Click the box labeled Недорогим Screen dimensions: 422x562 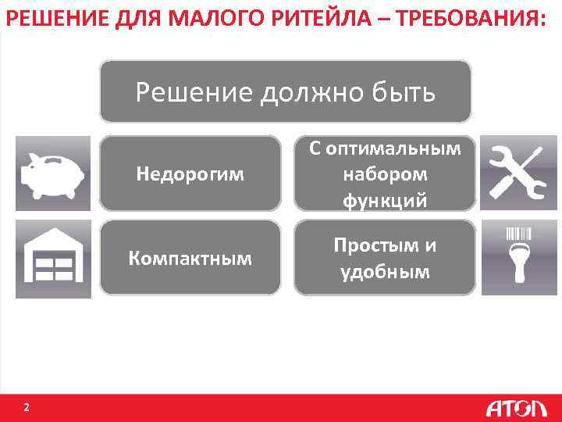coord(190,173)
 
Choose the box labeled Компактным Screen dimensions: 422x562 coord(190,258)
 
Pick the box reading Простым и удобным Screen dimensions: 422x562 coord(385,258)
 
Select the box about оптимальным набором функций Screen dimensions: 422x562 coord(385,173)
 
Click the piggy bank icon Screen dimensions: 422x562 coord(52,173)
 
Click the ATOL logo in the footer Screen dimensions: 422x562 coord(515,408)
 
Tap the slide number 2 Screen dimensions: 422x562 coord(27,407)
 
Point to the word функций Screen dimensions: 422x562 coord(385,200)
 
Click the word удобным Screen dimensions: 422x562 coord(385,271)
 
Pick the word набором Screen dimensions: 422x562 coord(385,173)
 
